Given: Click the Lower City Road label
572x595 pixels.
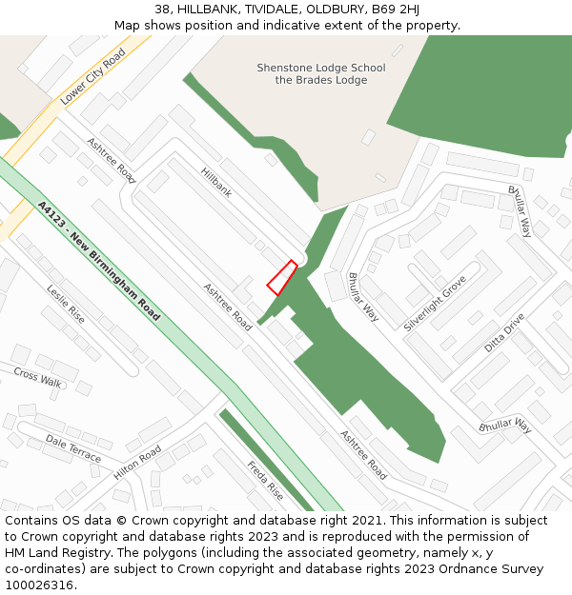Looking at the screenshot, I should click(x=92, y=77).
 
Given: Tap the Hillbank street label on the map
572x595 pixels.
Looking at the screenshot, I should click(x=216, y=182).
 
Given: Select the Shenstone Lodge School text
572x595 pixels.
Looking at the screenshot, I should click(x=321, y=68).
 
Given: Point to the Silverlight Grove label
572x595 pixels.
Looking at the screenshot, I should click(x=434, y=304).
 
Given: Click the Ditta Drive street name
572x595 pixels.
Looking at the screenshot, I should click(x=504, y=332).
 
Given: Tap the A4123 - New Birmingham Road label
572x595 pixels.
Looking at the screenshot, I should click(x=99, y=260).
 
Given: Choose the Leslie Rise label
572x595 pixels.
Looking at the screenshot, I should click(x=66, y=304).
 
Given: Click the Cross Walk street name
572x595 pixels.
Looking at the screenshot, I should click(x=37, y=376).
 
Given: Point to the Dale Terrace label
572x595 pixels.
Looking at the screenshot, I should click(x=73, y=448).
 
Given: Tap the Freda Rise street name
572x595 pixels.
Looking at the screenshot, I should click(x=266, y=481).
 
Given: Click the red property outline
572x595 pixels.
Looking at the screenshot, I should click(x=281, y=278).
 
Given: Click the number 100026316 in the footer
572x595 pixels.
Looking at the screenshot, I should click(x=39, y=585).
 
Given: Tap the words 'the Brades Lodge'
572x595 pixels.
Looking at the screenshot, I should click(x=321, y=81).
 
